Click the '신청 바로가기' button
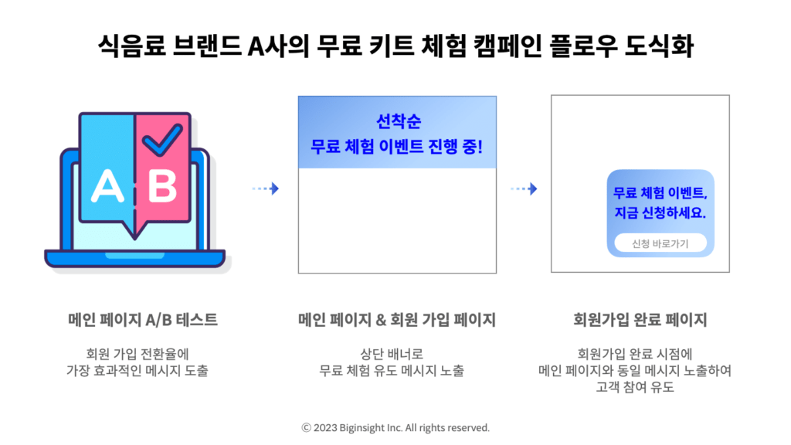tap(660, 243)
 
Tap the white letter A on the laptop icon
tap(107, 186)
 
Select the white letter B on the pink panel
tap(162, 186)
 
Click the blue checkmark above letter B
tap(162, 139)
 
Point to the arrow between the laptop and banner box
tap(266, 189)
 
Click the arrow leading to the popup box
tap(524, 189)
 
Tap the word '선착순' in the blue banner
tap(399, 121)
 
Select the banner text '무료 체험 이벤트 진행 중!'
tap(396, 147)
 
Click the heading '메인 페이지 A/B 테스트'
tap(143, 320)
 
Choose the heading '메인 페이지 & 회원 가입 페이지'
tap(397, 320)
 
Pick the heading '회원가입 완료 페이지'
tap(640, 320)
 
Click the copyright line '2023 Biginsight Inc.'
tap(358, 428)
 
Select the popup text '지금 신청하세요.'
tap(660, 213)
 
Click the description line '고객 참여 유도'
tap(635, 388)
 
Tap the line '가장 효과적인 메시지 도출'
tap(137, 371)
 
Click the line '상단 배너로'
tap(392, 354)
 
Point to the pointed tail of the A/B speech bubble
tap(134, 237)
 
